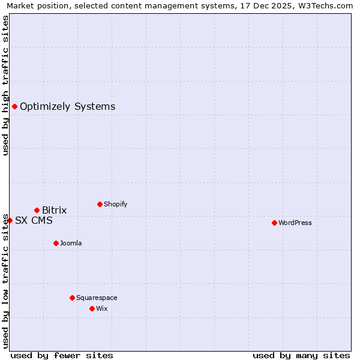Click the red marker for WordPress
click(x=274, y=223)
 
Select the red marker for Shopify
click(x=100, y=204)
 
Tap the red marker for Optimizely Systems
click(x=14, y=106)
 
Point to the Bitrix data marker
click(x=37, y=210)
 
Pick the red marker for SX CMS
click(x=10, y=220)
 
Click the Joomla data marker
click(x=56, y=243)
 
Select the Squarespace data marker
click(x=72, y=298)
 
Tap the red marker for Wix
click(x=92, y=308)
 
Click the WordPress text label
click(x=295, y=223)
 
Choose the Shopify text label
click(x=115, y=204)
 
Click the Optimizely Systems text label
click(x=67, y=106)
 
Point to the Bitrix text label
click(x=54, y=210)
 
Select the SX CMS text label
click(x=34, y=220)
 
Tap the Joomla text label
click(x=71, y=243)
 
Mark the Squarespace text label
click(x=97, y=298)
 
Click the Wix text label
click(x=101, y=308)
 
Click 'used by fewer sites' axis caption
click(x=62, y=355)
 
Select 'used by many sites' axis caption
click(x=301, y=355)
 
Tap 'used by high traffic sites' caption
click(x=6, y=85)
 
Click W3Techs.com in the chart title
click(x=327, y=5)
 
